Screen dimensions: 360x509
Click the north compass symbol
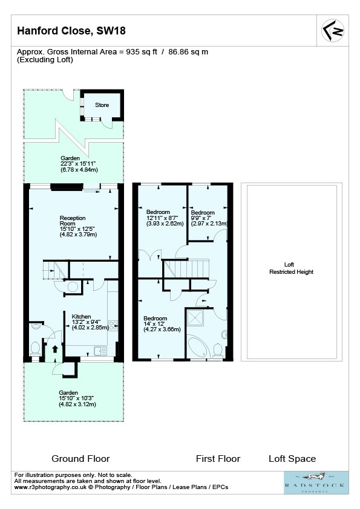pos(333,30)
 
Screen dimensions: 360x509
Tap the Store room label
pos(102,105)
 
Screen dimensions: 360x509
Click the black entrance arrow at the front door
pos(54,349)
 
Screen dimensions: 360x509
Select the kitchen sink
pos(100,351)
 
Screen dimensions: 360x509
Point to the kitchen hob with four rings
pos(113,326)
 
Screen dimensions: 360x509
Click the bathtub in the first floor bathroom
pos(199,348)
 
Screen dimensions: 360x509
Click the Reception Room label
pos(78,226)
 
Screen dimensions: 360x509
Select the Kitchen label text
pos(81,317)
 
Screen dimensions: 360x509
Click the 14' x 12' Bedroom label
pos(162,323)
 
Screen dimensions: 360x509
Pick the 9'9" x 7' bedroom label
pos(209,218)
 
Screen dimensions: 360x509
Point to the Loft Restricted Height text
pos(291,268)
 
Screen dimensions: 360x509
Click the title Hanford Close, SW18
pos(71,31)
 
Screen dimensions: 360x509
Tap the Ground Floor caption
pos(80,459)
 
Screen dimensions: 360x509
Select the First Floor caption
pos(218,459)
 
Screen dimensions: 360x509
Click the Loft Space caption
pos(292,459)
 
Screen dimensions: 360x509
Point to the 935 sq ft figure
pos(142,52)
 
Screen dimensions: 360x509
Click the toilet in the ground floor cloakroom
pos(35,349)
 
